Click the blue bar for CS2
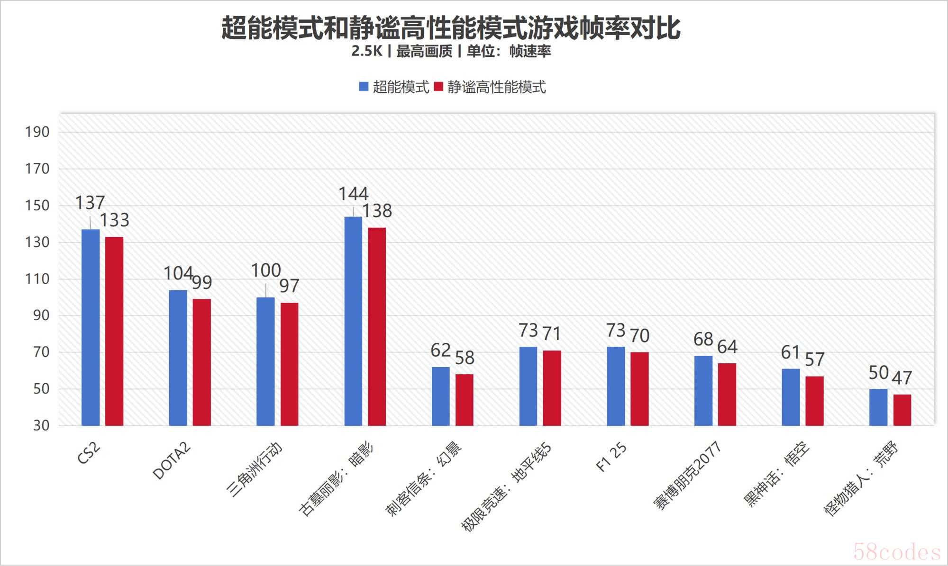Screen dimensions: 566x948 click(91, 327)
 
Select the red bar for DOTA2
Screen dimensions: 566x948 click(202, 362)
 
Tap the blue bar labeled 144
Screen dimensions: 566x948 click(353, 321)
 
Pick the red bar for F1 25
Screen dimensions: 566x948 click(639, 388)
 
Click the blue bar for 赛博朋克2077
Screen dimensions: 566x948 click(703, 390)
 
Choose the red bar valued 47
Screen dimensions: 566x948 click(902, 410)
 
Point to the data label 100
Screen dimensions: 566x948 click(266, 270)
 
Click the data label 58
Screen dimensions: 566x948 click(465, 358)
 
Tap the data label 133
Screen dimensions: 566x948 click(114, 220)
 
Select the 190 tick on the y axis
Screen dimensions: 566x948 click(37, 132)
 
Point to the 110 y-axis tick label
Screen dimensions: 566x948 click(37, 279)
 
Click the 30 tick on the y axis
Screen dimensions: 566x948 click(41, 425)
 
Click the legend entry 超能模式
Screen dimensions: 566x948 click(394, 87)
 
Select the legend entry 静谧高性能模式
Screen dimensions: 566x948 click(491, 87)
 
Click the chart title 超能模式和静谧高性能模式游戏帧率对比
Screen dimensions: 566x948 click(451, 28)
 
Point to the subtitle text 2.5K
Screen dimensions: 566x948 click(366, 51)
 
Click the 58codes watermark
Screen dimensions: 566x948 click(897, 552)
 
